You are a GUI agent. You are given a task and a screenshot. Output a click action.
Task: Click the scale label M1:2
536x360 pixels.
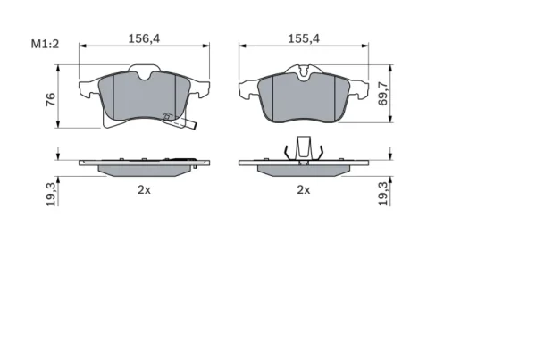[45, 44]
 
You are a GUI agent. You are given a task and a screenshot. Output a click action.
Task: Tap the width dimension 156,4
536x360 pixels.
[144, 38]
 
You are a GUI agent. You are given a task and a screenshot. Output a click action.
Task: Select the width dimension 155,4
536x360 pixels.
[304, 38]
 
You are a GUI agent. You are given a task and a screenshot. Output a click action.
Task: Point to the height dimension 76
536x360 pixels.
[51, 99]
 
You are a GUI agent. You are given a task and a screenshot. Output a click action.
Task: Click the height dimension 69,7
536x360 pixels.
[383, 94]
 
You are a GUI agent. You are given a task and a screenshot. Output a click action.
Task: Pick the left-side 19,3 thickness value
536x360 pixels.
[51, 194]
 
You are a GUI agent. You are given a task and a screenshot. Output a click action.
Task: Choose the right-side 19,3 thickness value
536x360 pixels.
[383, 194]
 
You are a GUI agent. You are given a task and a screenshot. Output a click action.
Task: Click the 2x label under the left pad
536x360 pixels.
[144, 189]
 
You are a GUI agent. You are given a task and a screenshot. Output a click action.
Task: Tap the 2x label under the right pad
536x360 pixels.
[304, 189]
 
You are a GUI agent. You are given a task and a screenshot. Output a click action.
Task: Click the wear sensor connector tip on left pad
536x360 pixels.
[194, 126]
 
